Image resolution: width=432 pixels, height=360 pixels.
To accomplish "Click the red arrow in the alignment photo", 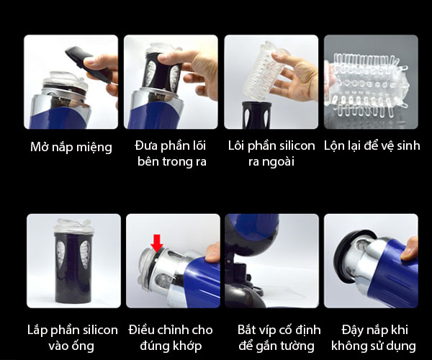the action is [157, 243].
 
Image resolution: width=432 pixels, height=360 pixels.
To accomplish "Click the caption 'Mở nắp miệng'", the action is [71, 147].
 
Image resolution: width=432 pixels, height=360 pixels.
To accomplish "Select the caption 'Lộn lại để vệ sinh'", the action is [372, 145].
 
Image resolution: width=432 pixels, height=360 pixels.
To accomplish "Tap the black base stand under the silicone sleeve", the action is [257, 115].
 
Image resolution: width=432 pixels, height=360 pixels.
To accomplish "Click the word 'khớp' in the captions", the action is [186, 346].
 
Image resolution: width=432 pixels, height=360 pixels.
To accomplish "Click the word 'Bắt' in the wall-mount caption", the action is [247, 330].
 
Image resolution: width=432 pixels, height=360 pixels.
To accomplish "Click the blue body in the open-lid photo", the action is [66, 116].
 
